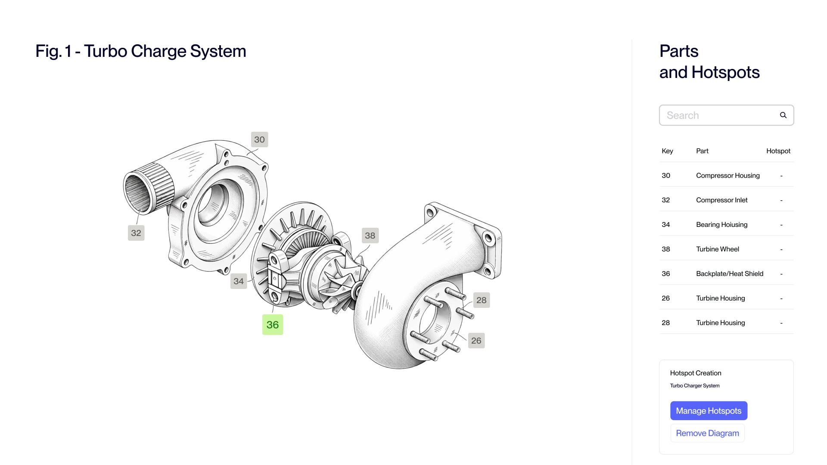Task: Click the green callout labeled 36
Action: pos(272,325)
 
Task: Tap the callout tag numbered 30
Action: pos(259,139)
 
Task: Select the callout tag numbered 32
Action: pos(136,233)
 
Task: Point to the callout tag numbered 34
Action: pos(239,281)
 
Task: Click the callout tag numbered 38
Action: pos(370,236)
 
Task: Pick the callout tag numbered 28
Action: pos(481,300)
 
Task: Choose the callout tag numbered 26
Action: pos(476,341)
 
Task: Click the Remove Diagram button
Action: pos(707,433)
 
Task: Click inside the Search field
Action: pos(719,115)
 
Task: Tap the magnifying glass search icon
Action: pos(783,115)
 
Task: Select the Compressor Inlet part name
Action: pos(721,200)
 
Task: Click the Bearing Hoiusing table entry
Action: pos(721,225)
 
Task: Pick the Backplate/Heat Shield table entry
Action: pos(729,274)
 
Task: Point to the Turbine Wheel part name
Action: pos(717,249)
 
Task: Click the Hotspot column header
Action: pos(778,151)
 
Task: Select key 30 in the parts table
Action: pos(666,176)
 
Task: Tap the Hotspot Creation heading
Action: pos(695,373)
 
